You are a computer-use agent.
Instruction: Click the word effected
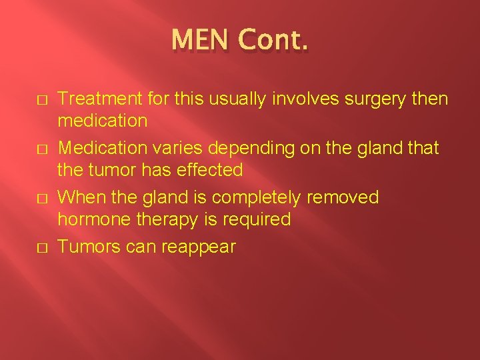click(211, 170)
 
